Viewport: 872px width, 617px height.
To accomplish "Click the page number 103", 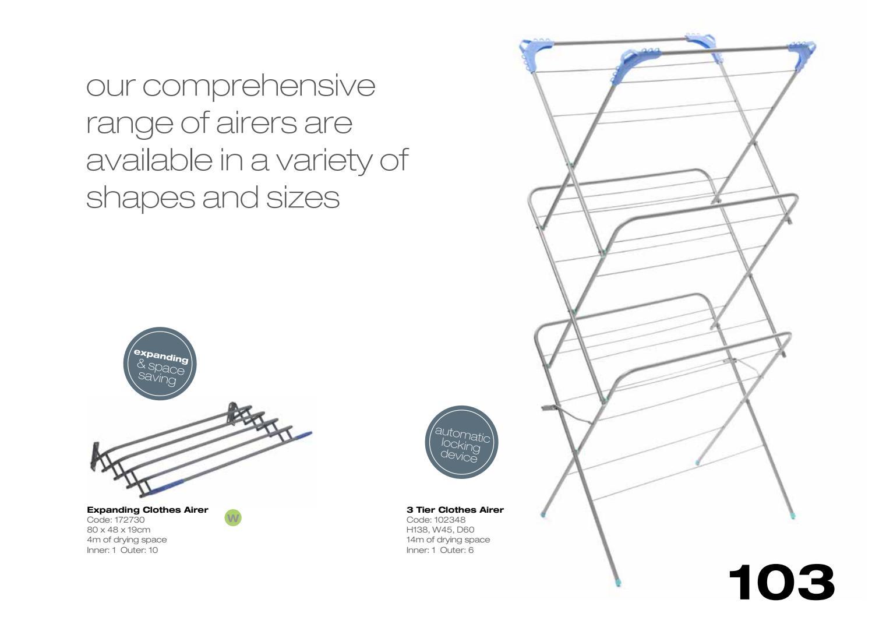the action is pyautogui.click(x=781, y=581).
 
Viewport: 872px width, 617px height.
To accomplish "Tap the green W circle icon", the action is pyautogui.click(x=233, y=517).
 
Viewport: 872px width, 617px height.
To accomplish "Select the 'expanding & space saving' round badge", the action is pyautogui.click(x=160, y=364).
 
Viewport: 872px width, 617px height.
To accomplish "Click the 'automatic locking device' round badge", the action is pyautogui.click(x=461, y=442).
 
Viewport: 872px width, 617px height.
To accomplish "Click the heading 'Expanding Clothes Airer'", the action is pyautogui.click(x=147, y=510).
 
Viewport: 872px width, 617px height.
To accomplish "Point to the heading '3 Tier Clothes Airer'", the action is pyautogui.click(x=455, y=510).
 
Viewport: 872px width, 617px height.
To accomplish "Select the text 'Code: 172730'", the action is pyautogui.click(x=116, y=520).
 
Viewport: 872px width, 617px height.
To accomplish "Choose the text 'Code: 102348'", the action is pyautogui.click(x=436, y=520).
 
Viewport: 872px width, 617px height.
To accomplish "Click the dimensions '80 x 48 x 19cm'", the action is pyautogui.click(x=119, y=530).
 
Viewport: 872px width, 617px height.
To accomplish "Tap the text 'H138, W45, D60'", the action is pyautogui.click(x=440, y=530).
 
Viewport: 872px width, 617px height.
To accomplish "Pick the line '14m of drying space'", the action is pyautogui.click(x=448, y=540).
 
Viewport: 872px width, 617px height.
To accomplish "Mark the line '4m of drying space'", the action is pyautogui.click(x=127, y=540).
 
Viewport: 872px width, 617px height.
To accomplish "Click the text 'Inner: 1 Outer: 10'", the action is pyautogui.click(x=122, y=550).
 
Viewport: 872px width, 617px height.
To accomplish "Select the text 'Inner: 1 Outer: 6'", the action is pyautogui.click(x=440, y=550).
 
